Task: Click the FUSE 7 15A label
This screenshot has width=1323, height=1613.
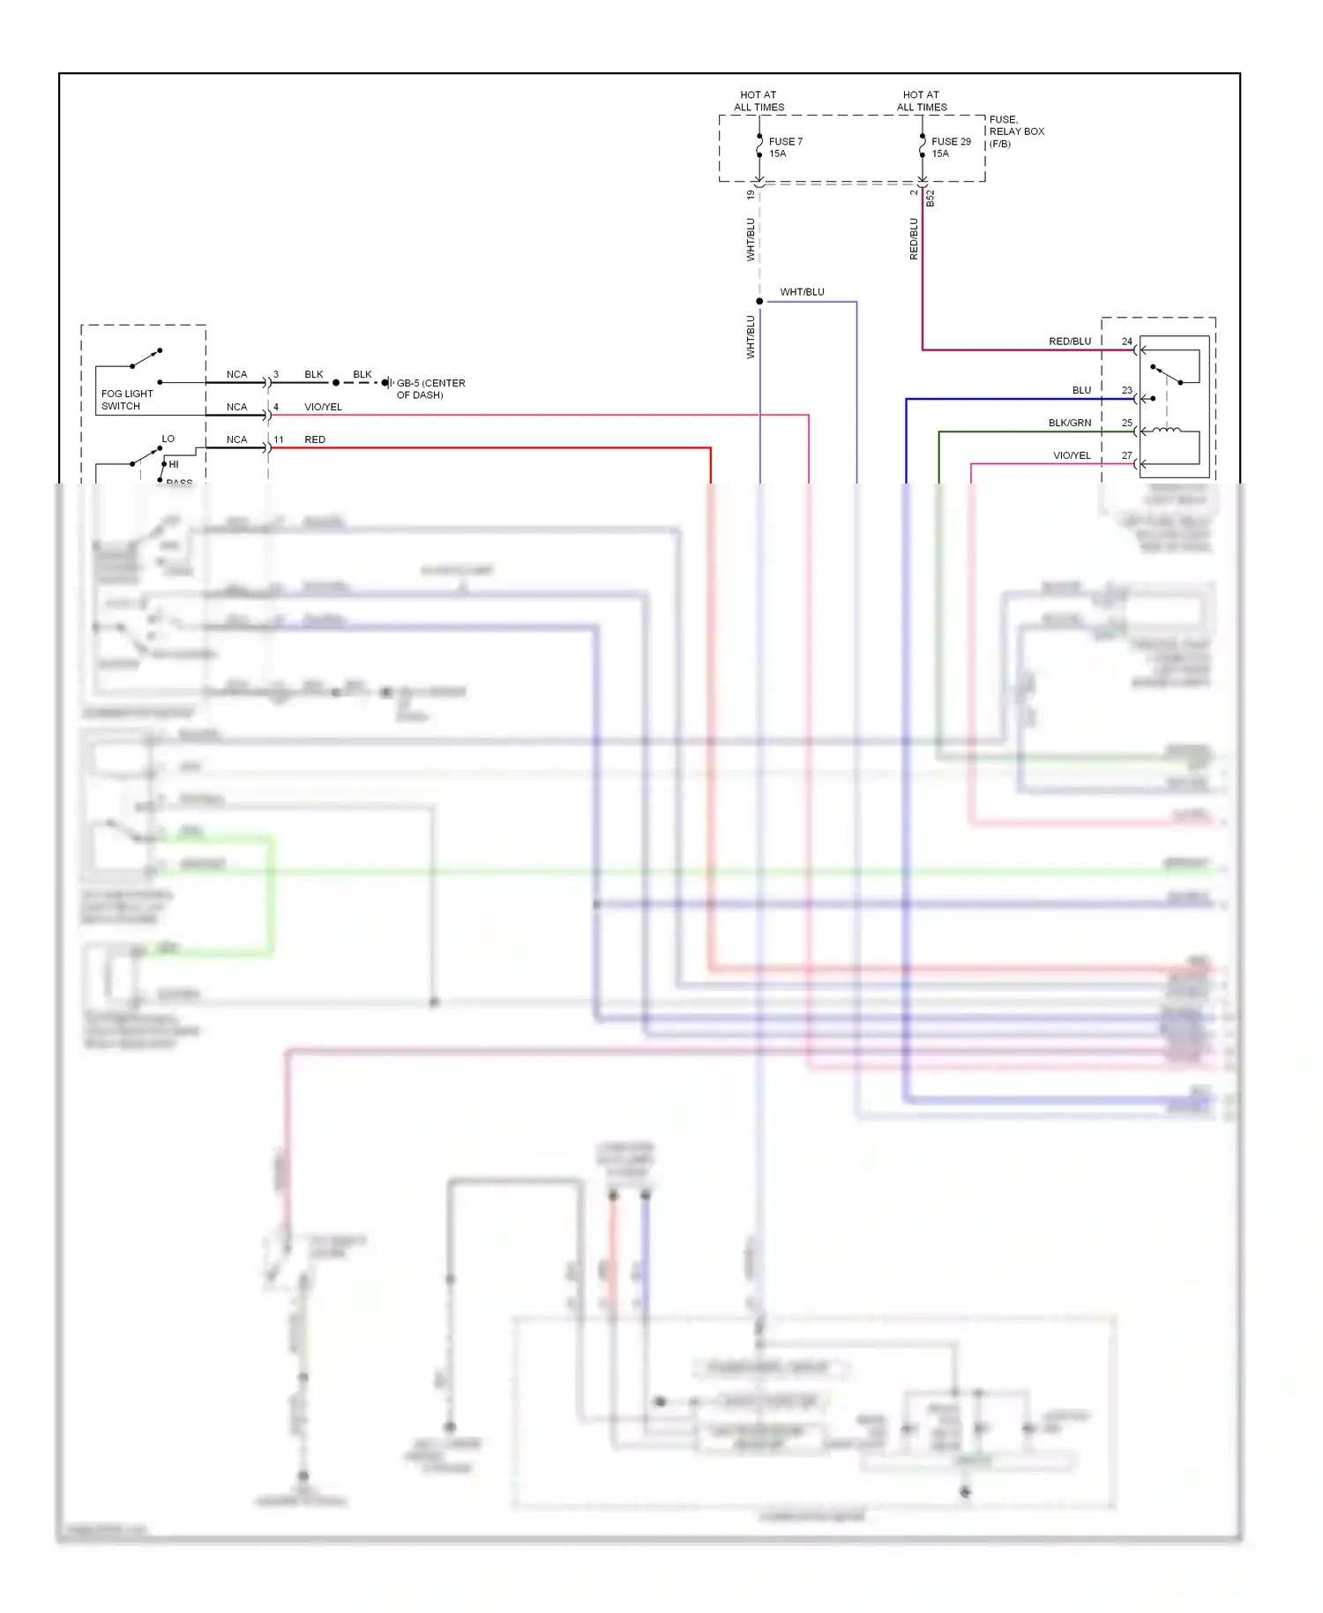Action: [785, 147]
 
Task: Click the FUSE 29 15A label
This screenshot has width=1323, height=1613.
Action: [950, 147]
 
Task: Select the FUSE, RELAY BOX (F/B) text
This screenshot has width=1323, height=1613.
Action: [1016, 131]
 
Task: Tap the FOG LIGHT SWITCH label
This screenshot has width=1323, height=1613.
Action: [126, 400]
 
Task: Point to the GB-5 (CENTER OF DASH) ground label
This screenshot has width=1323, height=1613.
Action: [430, 389]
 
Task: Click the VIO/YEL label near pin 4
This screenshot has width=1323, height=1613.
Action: [323, 407]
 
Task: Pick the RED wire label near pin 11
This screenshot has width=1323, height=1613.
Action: [315, 439]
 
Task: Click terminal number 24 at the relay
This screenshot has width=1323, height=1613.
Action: [1126, 341]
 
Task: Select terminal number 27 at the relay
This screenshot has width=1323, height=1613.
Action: [1126, 455]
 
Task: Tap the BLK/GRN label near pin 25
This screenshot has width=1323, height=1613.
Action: [1069, 423]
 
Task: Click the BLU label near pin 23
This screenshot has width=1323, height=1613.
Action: [1081, 390]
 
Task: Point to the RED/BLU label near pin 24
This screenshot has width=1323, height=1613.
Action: [1069, 341]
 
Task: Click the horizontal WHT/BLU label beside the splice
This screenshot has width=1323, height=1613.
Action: [802, 292]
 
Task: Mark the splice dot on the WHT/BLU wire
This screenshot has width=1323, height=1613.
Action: [759, 302]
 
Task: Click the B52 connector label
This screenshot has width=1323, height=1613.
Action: [930, 199]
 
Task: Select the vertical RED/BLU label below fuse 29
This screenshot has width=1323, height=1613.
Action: [914, 238]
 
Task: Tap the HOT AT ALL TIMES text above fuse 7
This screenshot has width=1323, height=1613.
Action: [759, 101]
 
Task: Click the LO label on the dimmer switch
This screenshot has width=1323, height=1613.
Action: [168, 439]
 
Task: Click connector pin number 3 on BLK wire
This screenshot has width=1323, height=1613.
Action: [276, 374]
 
